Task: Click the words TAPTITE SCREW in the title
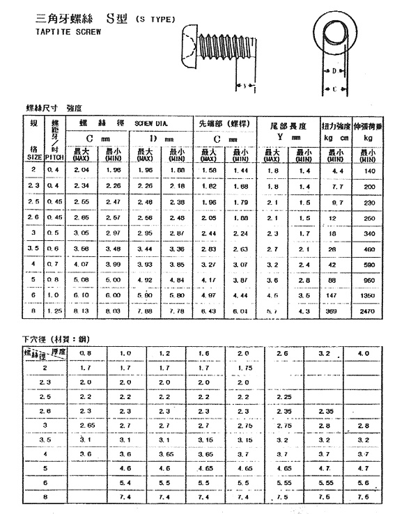[68, 31]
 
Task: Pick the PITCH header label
[54, 158]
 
